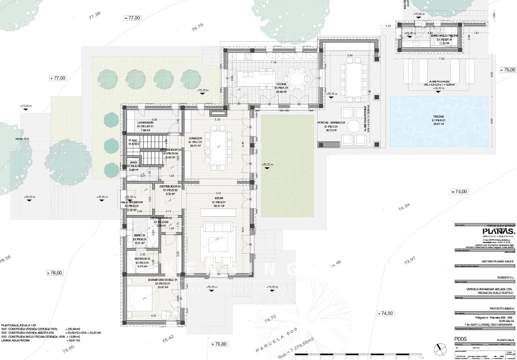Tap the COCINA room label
click(283, 85)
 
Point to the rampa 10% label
click(23, 138)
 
